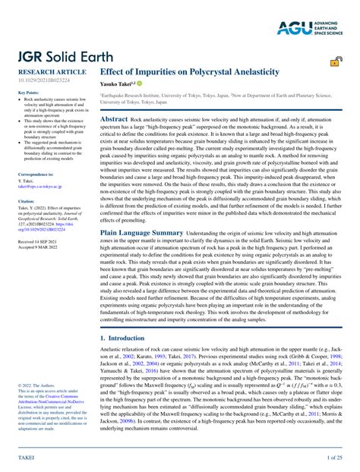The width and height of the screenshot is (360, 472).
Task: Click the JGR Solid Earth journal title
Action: [57, 58]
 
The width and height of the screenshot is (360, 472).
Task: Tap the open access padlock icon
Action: [335, 63]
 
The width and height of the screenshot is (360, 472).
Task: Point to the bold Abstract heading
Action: [114, 119]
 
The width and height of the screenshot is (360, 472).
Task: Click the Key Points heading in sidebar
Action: [28, 93]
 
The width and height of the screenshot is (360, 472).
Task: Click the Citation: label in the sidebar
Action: [26, 201]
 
